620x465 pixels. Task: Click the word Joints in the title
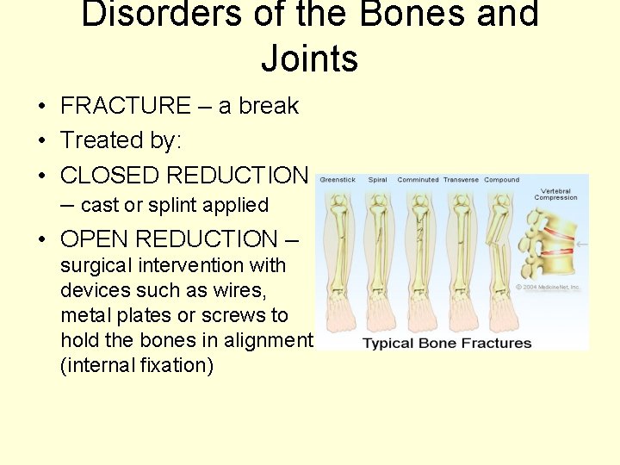tap(309, 59)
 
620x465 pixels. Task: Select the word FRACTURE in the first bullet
tap(126, 106)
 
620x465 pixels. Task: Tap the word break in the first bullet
tap(270, 106)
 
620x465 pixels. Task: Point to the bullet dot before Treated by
tap(41, 141)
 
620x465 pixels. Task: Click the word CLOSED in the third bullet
tap(109, 175)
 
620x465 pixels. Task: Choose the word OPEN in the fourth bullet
tap(95, 239)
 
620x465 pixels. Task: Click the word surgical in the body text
tap(92, 265)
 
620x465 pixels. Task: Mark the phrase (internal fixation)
tap(137, 365)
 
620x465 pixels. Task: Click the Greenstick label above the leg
tap(337, 180)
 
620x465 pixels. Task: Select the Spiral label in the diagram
tap(377, 180)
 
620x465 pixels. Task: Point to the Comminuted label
tap(418, 180)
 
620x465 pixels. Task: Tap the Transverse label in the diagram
tap(461, 180)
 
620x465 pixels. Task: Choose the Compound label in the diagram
tap(501, 180)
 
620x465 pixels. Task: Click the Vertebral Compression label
tap(555, 194)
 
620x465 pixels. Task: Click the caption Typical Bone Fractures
tap(447, 343)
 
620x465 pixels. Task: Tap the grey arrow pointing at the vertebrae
tap(581, 245)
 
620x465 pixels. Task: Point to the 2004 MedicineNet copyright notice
tap(549, 288)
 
